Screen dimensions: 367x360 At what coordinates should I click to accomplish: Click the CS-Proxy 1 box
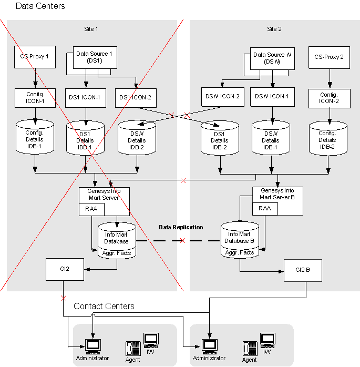tap(35, 57)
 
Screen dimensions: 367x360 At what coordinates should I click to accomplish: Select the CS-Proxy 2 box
tap(329, 57)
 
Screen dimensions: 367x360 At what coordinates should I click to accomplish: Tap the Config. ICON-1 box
tap(35, 97)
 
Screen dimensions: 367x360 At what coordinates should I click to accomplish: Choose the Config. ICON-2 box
tap(329, 98)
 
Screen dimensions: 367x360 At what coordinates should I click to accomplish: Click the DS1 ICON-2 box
tap(135, 97)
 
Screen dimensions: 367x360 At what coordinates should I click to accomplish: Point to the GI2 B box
tap(303, 270)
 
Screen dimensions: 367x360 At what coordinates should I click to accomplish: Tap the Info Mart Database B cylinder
tap(240, 240)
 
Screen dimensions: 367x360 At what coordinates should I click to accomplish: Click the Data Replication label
tap(181, 228)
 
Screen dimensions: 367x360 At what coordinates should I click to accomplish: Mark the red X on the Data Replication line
tap(182, 241)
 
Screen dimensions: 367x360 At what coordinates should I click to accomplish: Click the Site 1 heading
tap(91, 29)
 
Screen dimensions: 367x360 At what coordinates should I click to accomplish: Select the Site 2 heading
tap(274, 29)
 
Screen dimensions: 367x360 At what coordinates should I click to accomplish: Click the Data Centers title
tap(40, 6)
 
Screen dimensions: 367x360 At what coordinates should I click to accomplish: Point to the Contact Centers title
tap(104, 306)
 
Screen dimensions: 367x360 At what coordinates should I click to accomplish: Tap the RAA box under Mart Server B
tap(265, 208)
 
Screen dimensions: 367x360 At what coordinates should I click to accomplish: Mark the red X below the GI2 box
tap(64, 298)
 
